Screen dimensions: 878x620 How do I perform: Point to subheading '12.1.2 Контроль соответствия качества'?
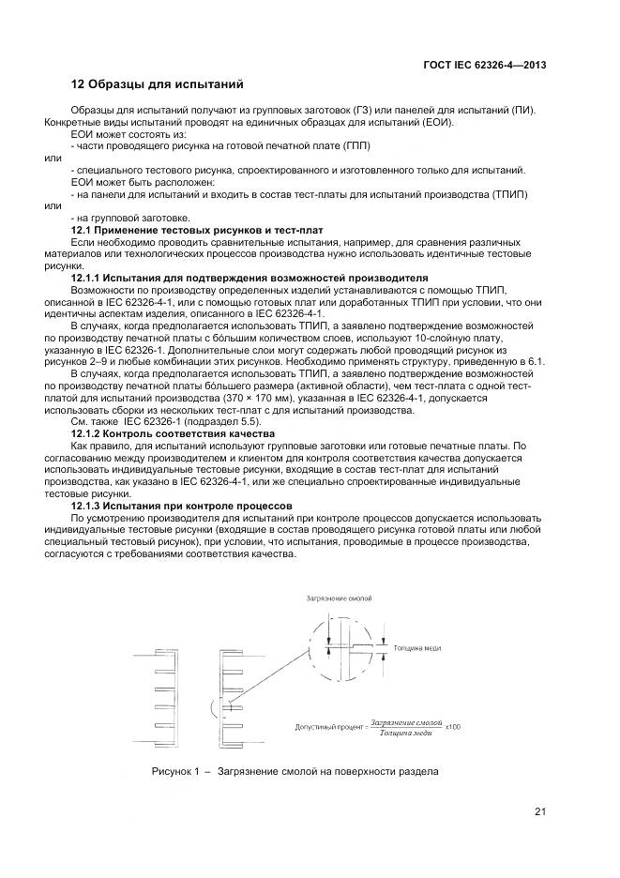pyautogui.click(x=173, y=434)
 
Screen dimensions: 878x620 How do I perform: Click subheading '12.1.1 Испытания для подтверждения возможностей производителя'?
pyautogui.click(x=250, y=279)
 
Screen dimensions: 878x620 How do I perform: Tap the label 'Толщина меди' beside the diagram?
pyautogui.click(x=417, y=648)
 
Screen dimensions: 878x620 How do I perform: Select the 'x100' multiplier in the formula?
pyautogui.click(x=453, y=726)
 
